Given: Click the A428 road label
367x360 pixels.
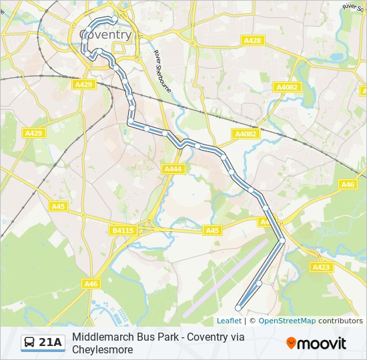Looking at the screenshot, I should click(252, 41).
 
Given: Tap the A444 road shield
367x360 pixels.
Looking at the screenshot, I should click(173, 169).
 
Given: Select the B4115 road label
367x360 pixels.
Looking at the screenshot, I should click(122, 231).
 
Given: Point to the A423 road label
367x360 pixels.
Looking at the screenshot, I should click(321, 267).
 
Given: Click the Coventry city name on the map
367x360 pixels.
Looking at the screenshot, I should click(105, 34).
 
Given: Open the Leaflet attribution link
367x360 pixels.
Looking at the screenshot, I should click(229, 321).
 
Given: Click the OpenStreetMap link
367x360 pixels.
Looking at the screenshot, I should click(287, 321).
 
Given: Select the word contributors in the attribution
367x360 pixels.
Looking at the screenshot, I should click(340, 321).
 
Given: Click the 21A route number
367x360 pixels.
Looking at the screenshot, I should click(51, 343).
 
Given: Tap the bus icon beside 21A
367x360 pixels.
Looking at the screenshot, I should click(30, 343).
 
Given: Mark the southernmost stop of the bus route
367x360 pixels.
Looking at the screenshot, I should click(238, 308).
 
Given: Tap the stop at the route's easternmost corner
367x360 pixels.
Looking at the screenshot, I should click(282, 240).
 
